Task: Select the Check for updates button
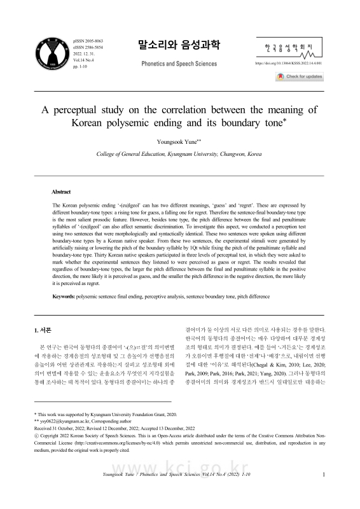pyautogui.click(x=300, y=77)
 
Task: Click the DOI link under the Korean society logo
pyautogui.click(x=287, y=64)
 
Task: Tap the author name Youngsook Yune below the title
pyautogui.click(x=179, y=142)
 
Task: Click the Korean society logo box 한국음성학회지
pyautogui.click(x=289, y=48)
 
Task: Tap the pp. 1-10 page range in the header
pyautogui.click(x=80, y=66)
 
